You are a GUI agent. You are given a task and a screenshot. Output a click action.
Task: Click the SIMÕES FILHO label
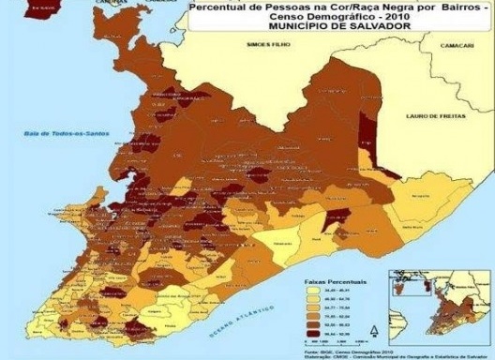(x=266, y=43)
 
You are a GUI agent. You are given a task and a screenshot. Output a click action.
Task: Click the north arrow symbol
(x=374, y=330)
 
